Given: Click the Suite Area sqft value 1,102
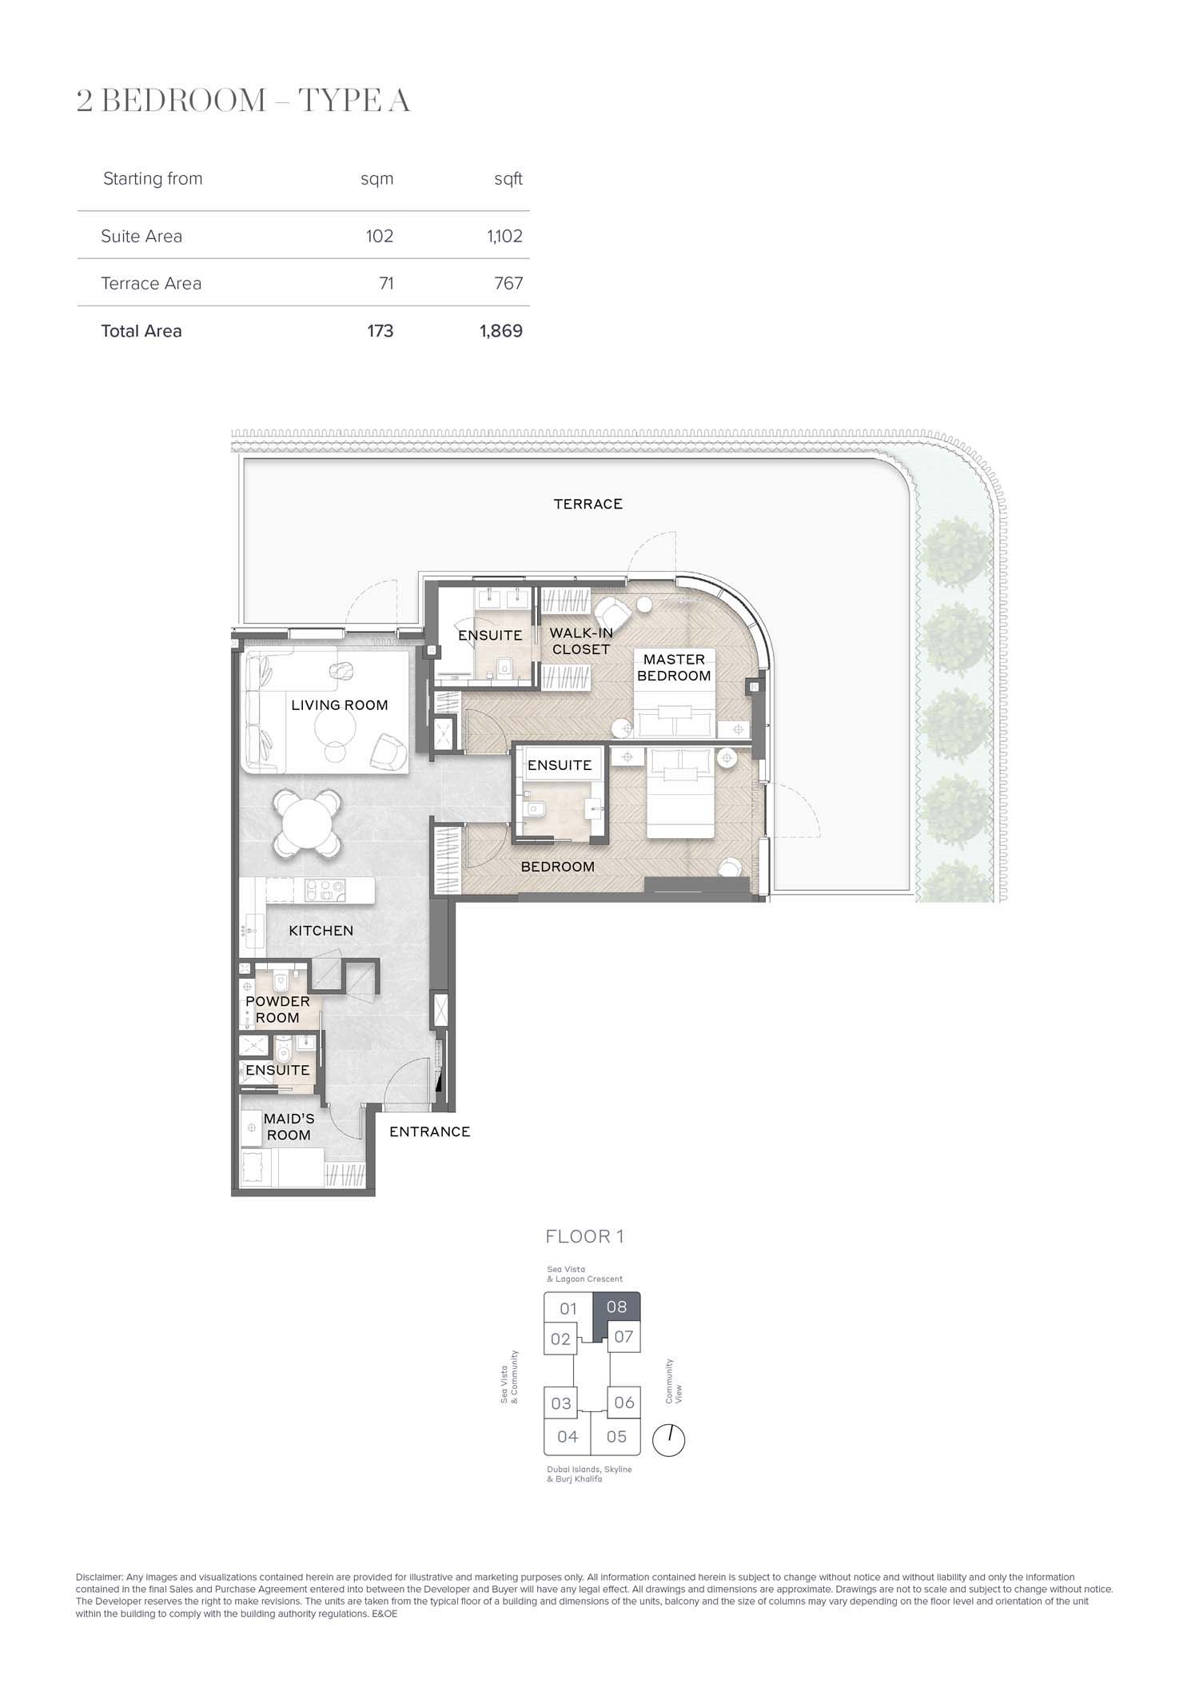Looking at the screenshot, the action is (505, 236).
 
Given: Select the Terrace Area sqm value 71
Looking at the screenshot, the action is (386, 283).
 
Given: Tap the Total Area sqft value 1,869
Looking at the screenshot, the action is (501, 331).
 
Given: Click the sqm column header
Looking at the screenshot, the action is (377, 179).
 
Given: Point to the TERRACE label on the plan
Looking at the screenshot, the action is (588, 504).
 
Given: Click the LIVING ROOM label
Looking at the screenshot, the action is (340, 705).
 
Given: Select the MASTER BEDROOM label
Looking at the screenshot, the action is (674, 668).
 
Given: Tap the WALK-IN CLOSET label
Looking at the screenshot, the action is (581, 641).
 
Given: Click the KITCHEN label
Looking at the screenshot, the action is (321, 931).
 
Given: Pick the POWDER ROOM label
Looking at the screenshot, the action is (277, 1009).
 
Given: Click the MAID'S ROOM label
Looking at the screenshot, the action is (289, 1127).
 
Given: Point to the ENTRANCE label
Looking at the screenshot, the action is (429, 1131).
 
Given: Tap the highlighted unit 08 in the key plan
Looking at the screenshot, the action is (616, 1307).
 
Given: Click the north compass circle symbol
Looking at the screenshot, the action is (669, 1440).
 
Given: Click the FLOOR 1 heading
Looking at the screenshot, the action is (584, 1236).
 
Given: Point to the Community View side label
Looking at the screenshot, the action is (675, 1381).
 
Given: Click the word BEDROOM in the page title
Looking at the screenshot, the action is (185, 101).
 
